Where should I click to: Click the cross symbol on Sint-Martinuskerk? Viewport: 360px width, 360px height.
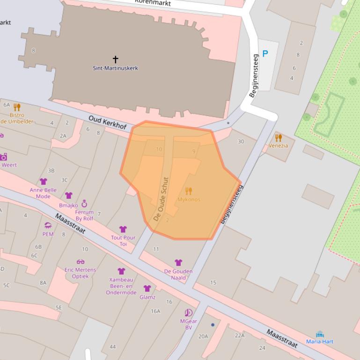pos(115,59)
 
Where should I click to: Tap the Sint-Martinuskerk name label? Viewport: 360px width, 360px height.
pos(115,68)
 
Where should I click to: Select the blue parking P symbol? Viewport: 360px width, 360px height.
pos(265,54)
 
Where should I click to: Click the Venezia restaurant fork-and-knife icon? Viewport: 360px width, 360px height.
pos(279,137)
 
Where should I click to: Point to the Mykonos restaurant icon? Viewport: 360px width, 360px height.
pos(189,191)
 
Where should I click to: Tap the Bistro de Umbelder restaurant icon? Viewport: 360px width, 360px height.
pos(17,107)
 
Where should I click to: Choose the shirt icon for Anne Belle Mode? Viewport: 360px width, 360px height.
pos(44,181)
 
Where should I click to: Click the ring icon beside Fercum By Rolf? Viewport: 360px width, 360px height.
pos(84,203)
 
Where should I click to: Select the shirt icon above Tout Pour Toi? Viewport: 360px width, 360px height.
pos(123,229)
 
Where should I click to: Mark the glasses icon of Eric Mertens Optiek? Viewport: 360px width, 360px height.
pos(81,262)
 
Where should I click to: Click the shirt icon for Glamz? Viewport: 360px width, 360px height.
pos(147,288)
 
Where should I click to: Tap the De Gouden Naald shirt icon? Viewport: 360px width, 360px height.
pos(178,263)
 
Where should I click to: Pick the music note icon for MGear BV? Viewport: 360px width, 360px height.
pos(188,313)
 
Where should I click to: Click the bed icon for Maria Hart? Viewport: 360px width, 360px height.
pos(320,334)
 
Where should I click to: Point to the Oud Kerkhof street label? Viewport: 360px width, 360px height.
pos(108,123)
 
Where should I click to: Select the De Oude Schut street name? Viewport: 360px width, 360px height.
pos(160,199)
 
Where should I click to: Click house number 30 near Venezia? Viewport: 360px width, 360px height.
pos(241,142)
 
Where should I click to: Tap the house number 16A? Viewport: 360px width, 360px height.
pos(155,311)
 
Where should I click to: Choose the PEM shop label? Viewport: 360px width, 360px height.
pos(48,234)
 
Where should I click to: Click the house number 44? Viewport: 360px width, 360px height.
pos(112,346)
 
